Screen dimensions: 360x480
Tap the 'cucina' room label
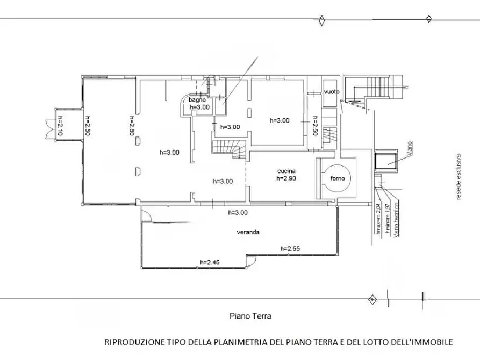tap(286, 170)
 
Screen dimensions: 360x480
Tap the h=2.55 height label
tap(290, 249)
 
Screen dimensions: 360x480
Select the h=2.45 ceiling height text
tap(210, 262)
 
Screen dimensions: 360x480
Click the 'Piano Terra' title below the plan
tap(250, 316)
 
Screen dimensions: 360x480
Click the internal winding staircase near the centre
tap(230, 148)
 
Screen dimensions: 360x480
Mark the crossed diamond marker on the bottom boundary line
tap(371, 299)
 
